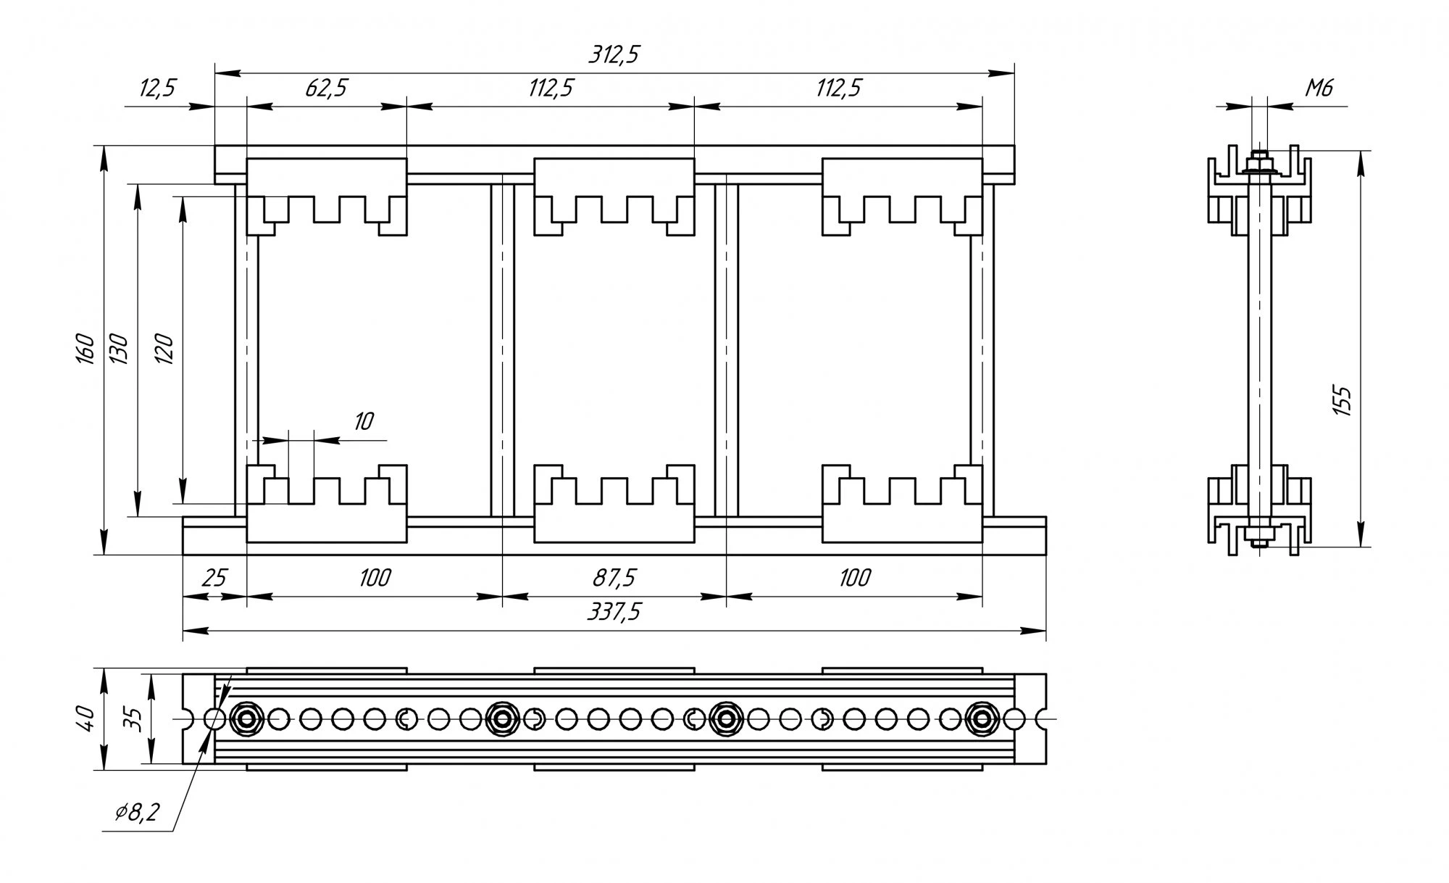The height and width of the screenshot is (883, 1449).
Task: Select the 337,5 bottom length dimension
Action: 614,613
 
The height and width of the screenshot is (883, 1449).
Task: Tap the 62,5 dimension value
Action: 326,89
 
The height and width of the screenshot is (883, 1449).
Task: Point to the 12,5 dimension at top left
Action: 157,89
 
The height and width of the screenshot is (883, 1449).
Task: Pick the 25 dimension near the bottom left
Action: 214,579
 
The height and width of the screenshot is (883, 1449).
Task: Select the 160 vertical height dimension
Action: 86,349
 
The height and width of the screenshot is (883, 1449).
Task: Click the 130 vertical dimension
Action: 119,349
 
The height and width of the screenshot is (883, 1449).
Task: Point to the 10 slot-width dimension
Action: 363,422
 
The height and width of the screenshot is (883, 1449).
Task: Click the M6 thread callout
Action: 1319,89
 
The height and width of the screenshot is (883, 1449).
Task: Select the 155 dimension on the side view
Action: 1342,400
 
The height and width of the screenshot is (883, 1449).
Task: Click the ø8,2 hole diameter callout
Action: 137,813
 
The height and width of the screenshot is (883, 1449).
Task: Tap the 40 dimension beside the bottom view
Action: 86,718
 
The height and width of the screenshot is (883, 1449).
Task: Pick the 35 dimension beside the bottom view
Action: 132,718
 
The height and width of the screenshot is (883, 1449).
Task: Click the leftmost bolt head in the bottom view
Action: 247,719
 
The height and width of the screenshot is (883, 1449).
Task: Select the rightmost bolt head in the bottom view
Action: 982,719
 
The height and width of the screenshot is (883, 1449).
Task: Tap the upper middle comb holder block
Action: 614,196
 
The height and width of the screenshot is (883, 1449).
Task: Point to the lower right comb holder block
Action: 902,504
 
